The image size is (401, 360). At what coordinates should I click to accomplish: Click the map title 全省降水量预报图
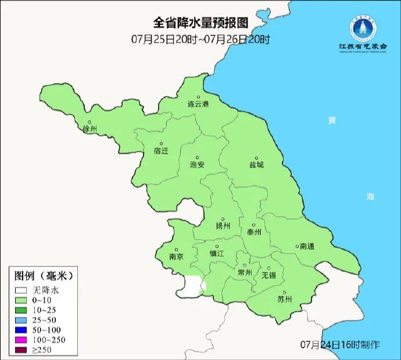pos(200,23)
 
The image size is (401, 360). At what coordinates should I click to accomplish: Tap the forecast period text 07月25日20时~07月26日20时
pos(200,40)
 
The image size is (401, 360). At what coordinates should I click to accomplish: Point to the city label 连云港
pos(197,105)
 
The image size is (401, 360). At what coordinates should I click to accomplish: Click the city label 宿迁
pos(161,151)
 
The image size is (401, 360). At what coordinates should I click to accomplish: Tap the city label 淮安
pos(197,165)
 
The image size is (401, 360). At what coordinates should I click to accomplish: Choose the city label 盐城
pos(256,165)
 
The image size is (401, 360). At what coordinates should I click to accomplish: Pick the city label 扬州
pos(223,226)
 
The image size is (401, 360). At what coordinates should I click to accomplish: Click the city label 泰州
pos(254,231)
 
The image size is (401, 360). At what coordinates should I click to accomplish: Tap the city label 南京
pos(176,256)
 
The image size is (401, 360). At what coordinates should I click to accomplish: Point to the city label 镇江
pos(217,254)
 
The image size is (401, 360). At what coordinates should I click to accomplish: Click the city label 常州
pos(245,272)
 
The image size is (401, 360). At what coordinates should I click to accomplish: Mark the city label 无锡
pos(268,275)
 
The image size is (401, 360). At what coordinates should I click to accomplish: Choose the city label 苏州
pos(284,300)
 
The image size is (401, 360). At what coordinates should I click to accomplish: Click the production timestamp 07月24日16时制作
pos(340,345)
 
